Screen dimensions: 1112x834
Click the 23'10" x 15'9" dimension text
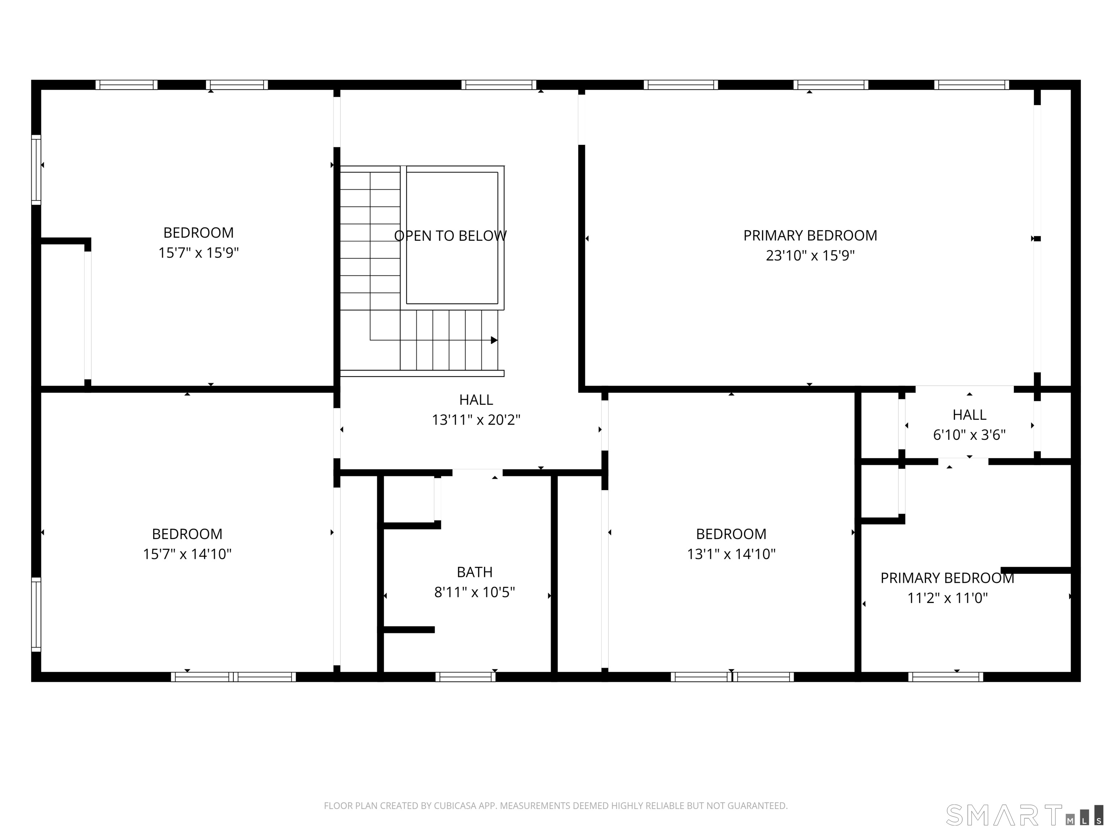[810, 256]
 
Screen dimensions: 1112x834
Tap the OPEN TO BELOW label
[450, 236]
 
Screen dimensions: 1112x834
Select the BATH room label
[475, 572]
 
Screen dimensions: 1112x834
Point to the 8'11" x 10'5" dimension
[475, 593]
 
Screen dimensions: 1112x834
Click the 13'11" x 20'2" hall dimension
[476, 420]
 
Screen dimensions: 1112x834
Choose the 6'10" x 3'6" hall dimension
[969, 435]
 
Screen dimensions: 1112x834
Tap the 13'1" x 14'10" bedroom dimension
[731, 554]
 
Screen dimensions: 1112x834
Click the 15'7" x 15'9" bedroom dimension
[199, 253]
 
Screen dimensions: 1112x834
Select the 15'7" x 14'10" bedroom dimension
[187, 554]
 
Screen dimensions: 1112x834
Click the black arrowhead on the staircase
[494, 340]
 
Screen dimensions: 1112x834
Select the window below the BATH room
[466, 677]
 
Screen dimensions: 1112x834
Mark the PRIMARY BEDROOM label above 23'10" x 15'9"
[810, 235]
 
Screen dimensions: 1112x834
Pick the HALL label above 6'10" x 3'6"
[969, 415]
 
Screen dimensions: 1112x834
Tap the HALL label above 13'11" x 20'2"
[476, 400]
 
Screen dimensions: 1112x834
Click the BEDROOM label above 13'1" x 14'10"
[731, 534]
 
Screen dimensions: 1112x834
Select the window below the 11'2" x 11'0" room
[945, 677]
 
